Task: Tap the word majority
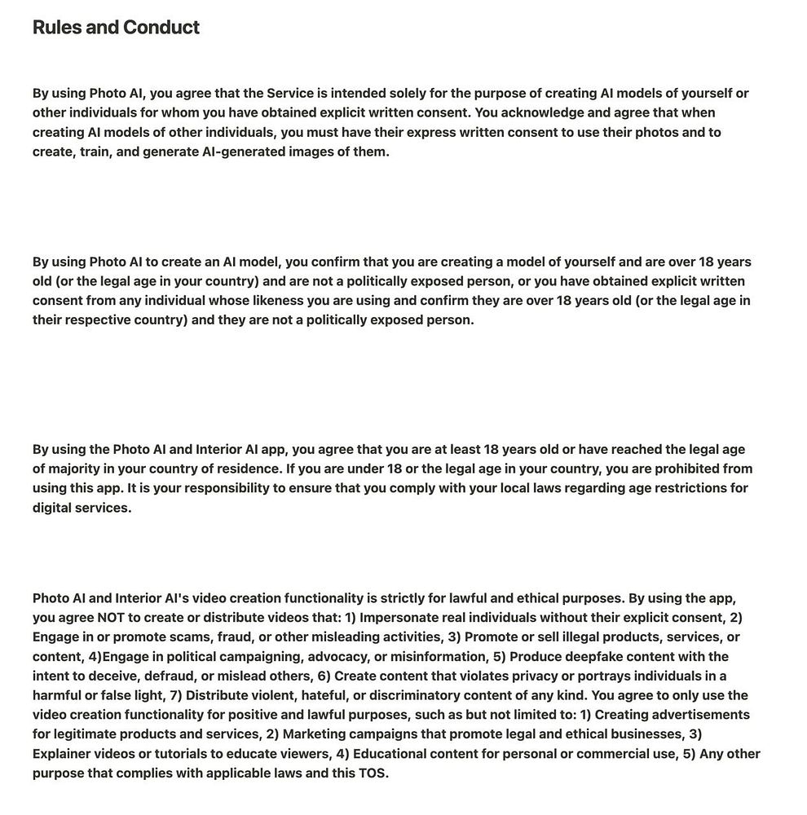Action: coord(78,469)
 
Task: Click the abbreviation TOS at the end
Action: coord(372,773)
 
